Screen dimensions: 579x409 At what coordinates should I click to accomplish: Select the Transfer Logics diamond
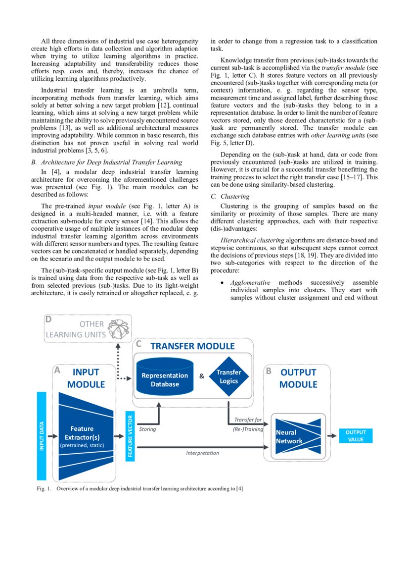point(228,376)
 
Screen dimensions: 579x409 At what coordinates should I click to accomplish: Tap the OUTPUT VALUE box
point(355,436)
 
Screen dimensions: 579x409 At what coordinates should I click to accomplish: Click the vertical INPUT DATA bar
point(42,436)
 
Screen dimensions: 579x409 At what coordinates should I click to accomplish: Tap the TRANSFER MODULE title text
point(192,346)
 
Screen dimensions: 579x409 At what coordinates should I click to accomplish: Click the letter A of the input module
point(57,370)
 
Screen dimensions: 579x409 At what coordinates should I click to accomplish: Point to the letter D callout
point(49,319)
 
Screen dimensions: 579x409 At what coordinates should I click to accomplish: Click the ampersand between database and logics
point(202,376)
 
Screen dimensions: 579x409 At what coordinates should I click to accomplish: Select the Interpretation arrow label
point(202,453)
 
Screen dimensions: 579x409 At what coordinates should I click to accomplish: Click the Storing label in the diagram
point(147,429)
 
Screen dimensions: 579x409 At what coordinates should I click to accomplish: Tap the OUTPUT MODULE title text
point(298,378)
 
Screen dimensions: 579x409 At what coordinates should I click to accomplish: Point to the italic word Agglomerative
point(250,282)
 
